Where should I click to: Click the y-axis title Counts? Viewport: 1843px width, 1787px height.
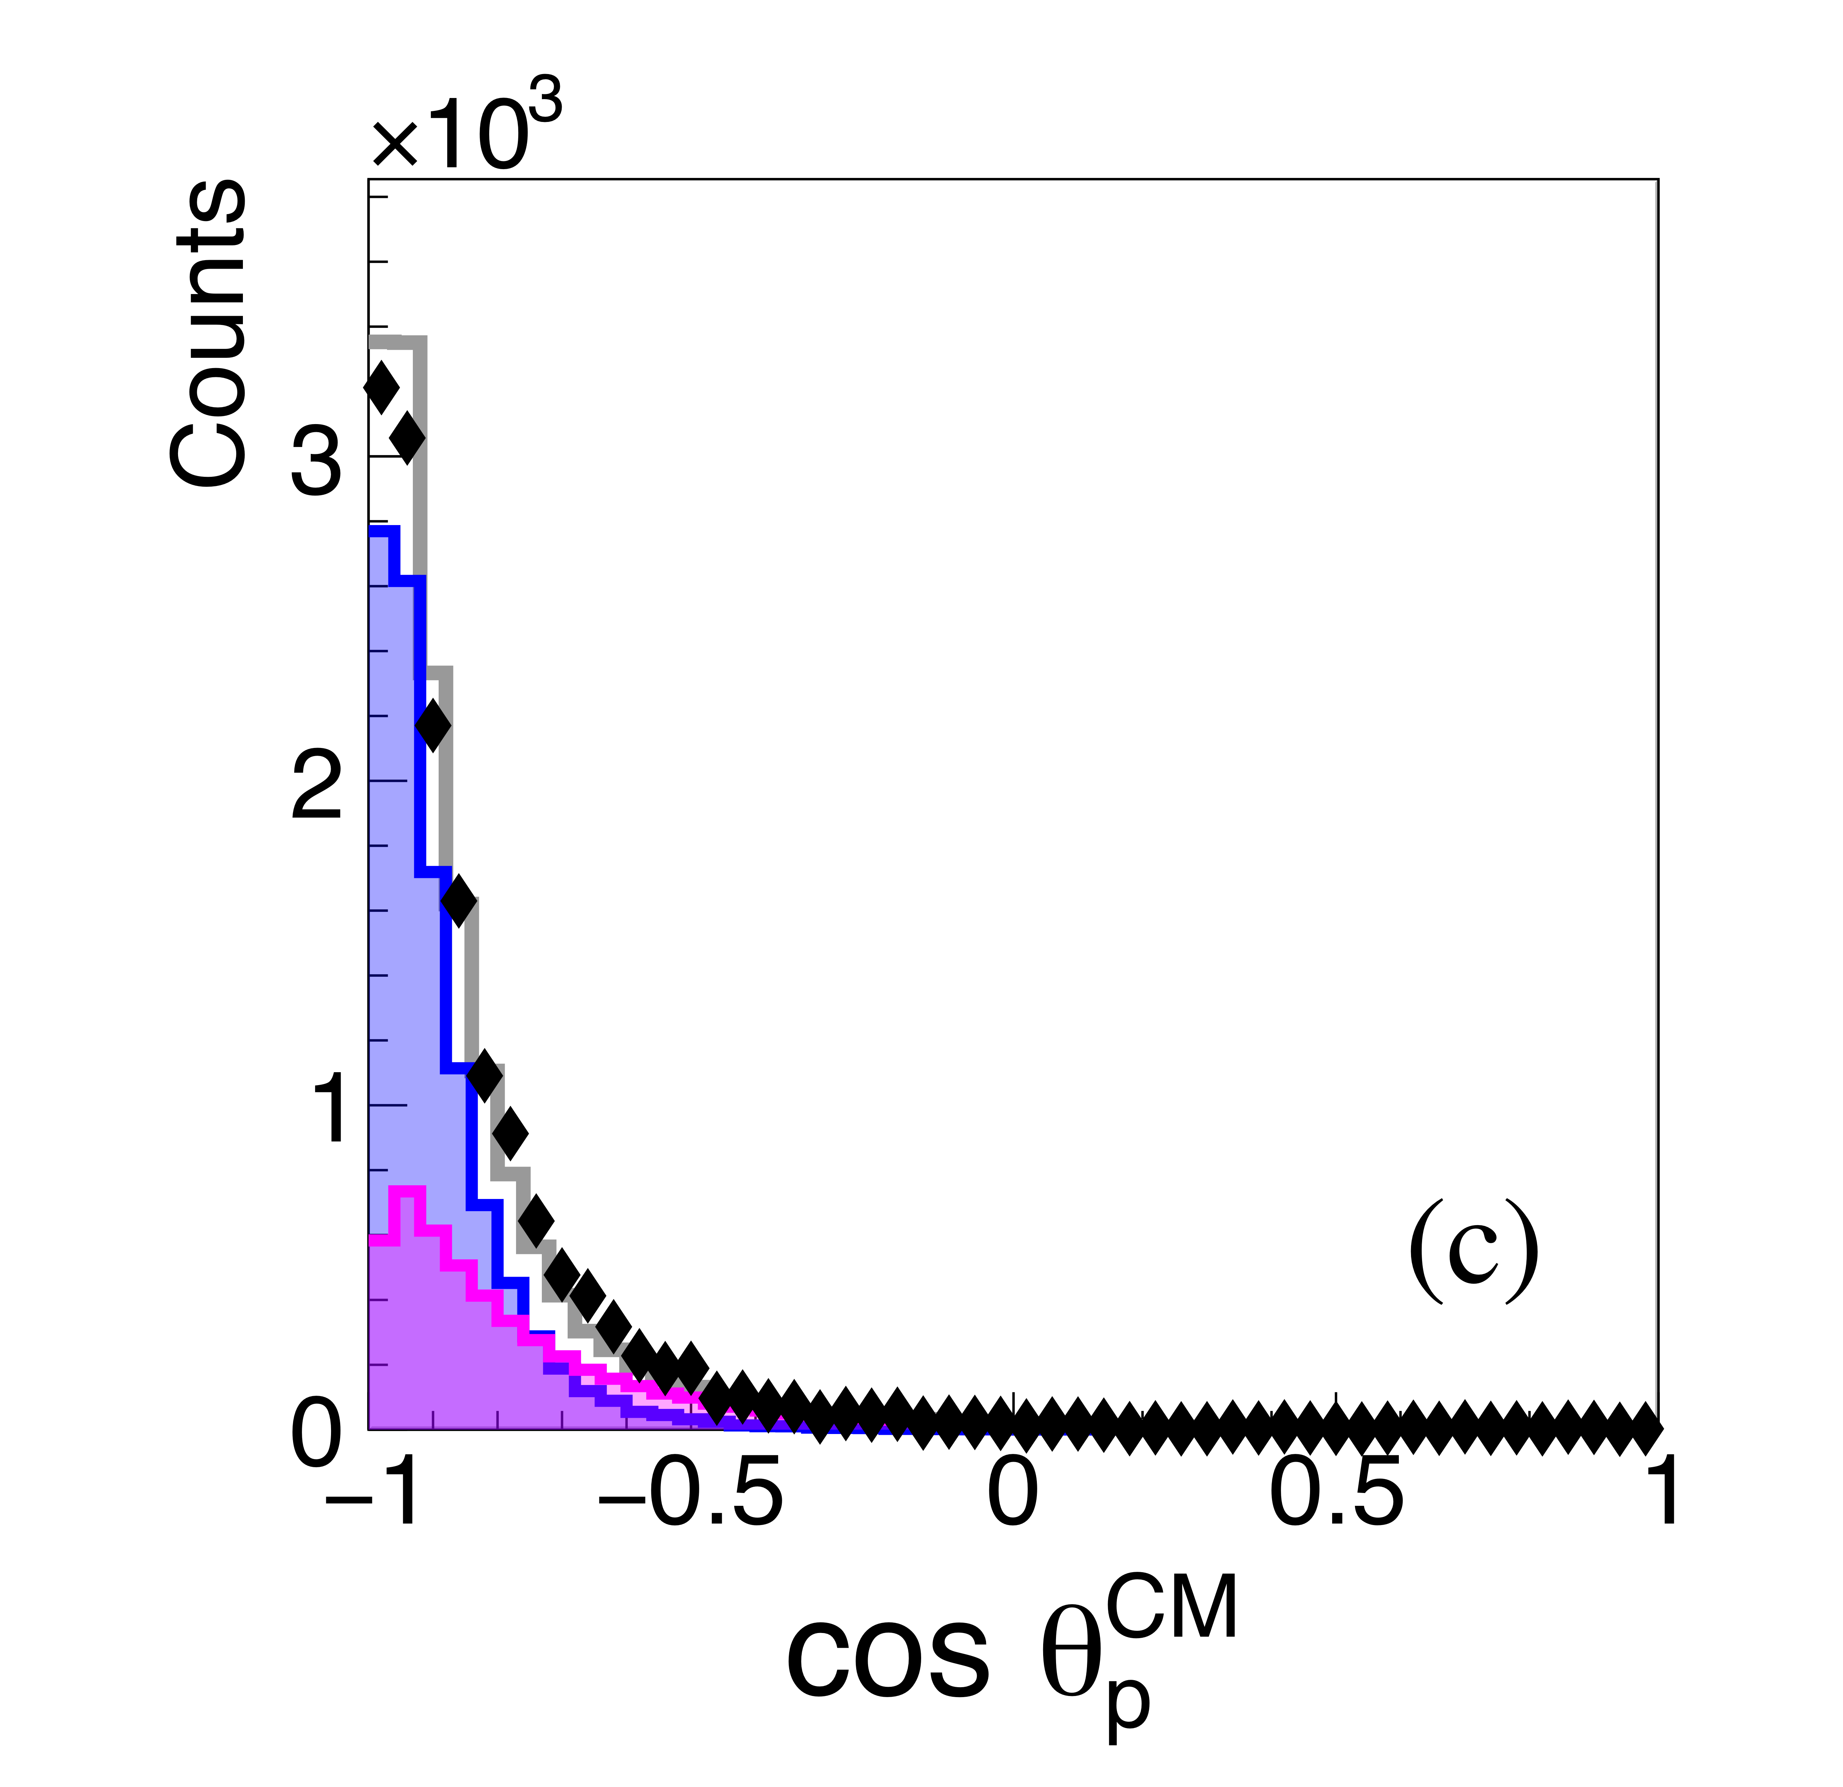click(209, 334)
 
